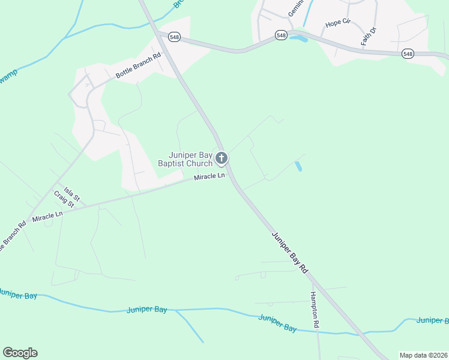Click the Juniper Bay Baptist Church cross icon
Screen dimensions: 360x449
[x=221, y=159]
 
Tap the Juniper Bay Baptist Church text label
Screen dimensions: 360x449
[x=185, y=159]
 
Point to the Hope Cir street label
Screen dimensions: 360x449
[x=337, y=23]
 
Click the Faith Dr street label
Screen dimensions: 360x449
[x=368, y=37]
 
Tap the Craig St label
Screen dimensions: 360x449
[x=63, y=199]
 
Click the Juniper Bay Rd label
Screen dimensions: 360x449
[x=290, y=253]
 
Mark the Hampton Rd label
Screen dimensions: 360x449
[x=315, y=310]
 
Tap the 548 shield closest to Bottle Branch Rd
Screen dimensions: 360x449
[x=174, y=37]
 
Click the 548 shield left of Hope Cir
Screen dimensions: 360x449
[x=281, y=35]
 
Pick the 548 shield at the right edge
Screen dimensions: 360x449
[x=408, y=54]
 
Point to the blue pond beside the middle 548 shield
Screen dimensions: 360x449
[x=298, y=39]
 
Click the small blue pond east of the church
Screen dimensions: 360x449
[x=298, y=166]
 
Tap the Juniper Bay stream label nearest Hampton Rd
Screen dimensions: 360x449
[x=277, y=323]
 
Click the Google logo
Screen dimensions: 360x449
[x=20, y=353]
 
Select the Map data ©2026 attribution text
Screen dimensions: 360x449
[x=423, y=355]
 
